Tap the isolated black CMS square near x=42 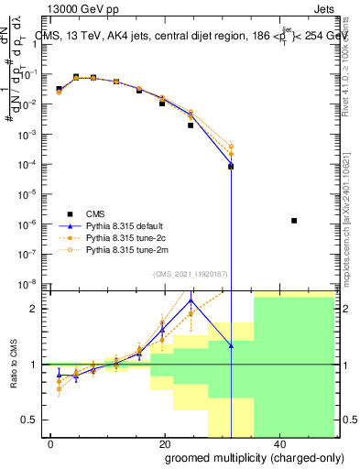(293, 221)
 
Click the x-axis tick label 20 (164, 443)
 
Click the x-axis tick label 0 (50, 443)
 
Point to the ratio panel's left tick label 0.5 (33, 420)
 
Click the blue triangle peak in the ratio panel (191, 300)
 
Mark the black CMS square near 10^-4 (231, 167)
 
